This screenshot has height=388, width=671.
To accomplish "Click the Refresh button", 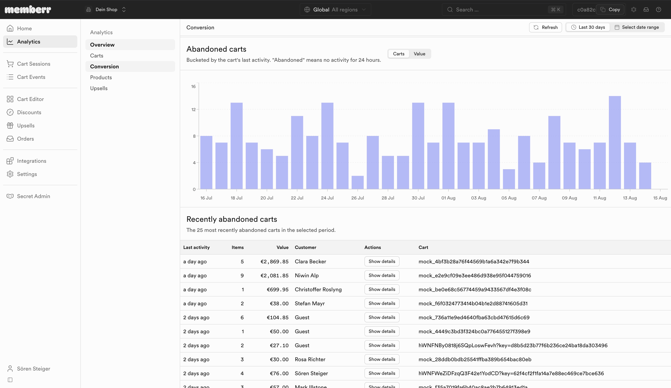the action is pos(545,27).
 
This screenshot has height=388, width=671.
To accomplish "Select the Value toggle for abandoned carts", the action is pos(419,54).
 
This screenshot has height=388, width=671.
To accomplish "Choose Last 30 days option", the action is pos(588,27).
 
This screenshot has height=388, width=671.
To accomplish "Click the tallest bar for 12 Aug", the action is pos(615,143).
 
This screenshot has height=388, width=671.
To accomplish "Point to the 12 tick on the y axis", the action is pos(194,110).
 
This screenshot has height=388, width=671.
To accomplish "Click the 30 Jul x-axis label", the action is pos(418,198).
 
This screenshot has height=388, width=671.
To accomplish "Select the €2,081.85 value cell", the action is pos(274,276).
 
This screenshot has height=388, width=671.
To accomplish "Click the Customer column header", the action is pos(305,247).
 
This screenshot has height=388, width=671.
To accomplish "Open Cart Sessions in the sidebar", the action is pos(34,64).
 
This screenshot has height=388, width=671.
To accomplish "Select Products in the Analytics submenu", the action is pos(101,77).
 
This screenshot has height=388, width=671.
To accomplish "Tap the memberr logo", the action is pos(28,10).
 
